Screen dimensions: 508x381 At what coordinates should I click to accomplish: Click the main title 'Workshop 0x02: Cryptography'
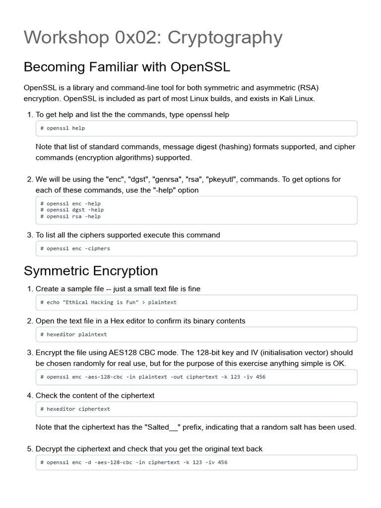click(153, 38)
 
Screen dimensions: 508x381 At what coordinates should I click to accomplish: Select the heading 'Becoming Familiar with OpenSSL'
click(127, 66)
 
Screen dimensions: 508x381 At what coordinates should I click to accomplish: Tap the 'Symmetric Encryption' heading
click(91, 271)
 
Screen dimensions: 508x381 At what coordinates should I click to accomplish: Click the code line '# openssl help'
click(63, 128)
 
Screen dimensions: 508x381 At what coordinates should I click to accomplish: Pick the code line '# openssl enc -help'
click(70, 203)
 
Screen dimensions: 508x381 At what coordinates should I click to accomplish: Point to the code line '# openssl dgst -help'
click(72, 210)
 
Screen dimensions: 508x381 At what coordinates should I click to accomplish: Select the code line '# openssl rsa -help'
click(70, 216)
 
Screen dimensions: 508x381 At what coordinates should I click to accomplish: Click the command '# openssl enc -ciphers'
click(75, 249)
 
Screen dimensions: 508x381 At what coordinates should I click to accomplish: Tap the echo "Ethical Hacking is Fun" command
click(108, 302)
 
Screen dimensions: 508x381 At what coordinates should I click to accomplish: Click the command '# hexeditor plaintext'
click(73, 334)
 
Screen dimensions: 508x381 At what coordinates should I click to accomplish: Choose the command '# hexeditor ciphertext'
click(75, 409)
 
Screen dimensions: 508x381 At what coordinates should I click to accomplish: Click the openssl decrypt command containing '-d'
click(134, 462)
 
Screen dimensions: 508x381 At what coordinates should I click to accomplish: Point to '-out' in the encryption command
click(177, 377)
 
